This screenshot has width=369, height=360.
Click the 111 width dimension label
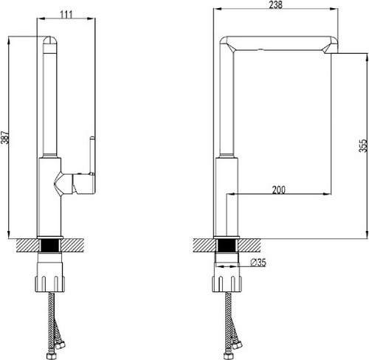[x=66, y=15]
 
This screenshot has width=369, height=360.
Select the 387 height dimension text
[x=5, y=137]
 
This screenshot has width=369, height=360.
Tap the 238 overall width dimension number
[x=276, y=4]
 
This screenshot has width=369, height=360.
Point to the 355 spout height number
[x=363, y=145]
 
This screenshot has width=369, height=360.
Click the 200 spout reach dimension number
[x=279, y=190]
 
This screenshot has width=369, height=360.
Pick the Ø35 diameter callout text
[x=258, y=263]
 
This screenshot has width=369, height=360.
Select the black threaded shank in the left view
[x=50, y=246]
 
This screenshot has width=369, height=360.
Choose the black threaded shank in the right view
[x=227, y=246]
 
